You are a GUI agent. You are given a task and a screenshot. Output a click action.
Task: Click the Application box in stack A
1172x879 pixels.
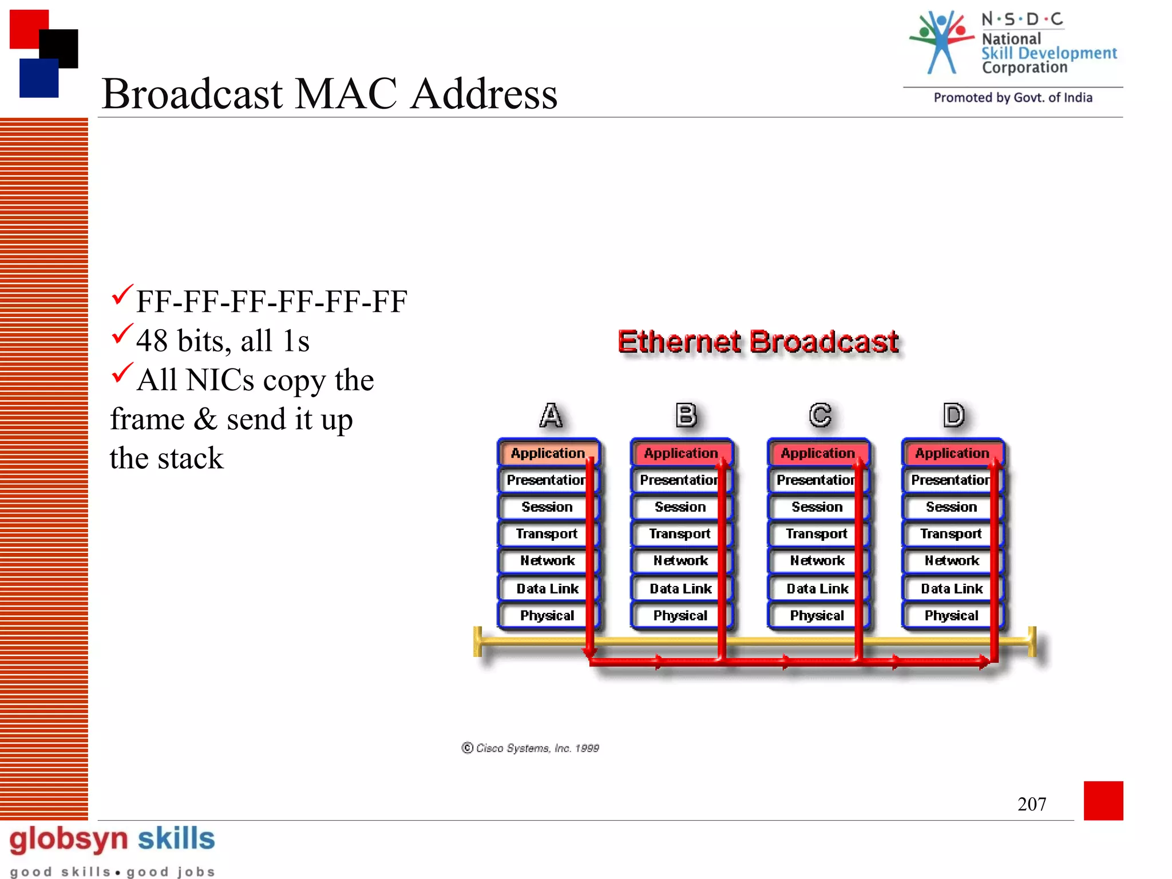[548, 453]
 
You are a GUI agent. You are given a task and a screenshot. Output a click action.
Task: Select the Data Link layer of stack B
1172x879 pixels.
[680, 588]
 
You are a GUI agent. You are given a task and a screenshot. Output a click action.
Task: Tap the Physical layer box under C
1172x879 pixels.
[817, 616]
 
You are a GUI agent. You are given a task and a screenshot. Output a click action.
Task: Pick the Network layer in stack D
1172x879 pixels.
[951, 561]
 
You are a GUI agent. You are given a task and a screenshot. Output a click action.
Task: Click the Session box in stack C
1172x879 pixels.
[817, 507]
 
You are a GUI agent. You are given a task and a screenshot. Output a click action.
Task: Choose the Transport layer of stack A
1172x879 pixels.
[547, 534]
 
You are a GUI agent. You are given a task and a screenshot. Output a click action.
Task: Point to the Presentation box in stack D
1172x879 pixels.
[950, 480]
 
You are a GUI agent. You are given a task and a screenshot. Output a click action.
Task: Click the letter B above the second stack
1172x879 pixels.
[686, 415]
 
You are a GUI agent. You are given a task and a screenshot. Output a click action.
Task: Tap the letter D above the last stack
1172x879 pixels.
[953, 415]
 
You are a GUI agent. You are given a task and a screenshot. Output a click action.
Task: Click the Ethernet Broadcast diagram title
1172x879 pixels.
[758, 342]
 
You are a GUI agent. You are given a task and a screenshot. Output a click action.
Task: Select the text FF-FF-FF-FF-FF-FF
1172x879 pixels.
[271, 302]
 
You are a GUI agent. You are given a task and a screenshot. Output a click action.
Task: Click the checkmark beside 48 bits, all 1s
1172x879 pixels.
[121, 334]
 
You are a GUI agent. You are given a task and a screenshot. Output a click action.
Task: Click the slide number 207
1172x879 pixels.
[1031, 804]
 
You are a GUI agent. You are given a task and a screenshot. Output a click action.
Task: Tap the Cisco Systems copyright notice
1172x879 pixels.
[530, 748]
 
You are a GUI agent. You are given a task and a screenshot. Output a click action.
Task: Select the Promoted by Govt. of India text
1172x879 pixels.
[1012, 98]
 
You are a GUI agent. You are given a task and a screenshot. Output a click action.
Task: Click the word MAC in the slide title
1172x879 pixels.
[346, 94]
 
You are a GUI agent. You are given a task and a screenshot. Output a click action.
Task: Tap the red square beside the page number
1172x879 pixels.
[1103, 800]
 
